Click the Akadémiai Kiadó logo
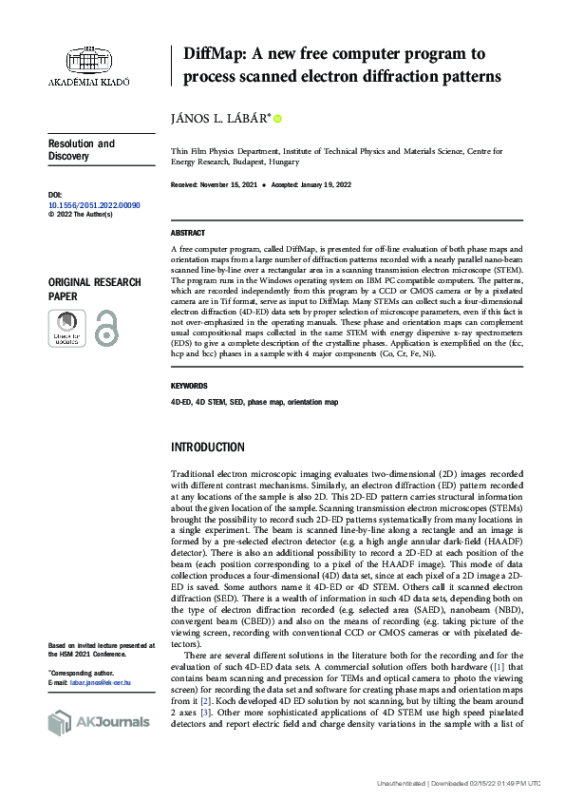pos(88,62)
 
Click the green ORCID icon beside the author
pos(277,119)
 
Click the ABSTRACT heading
pos(188,233)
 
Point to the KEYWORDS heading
pos(190,387)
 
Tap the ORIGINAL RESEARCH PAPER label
pos(95,289)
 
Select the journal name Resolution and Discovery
pos(81,150)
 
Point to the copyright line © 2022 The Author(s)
pos(80,215)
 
